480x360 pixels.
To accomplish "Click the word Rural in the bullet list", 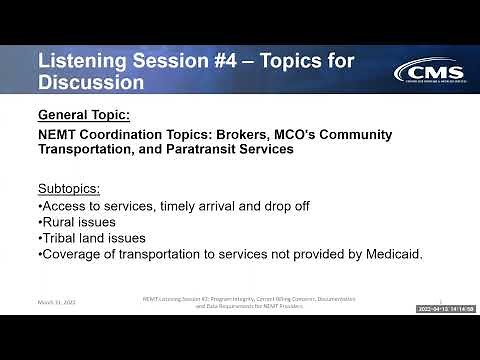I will [61, 222].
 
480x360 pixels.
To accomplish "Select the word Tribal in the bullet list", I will [63, 238].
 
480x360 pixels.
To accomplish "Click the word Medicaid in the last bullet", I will [388, 254].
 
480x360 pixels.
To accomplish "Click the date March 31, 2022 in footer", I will [55, 301].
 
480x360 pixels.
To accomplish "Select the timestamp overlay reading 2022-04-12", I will [445, 309].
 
